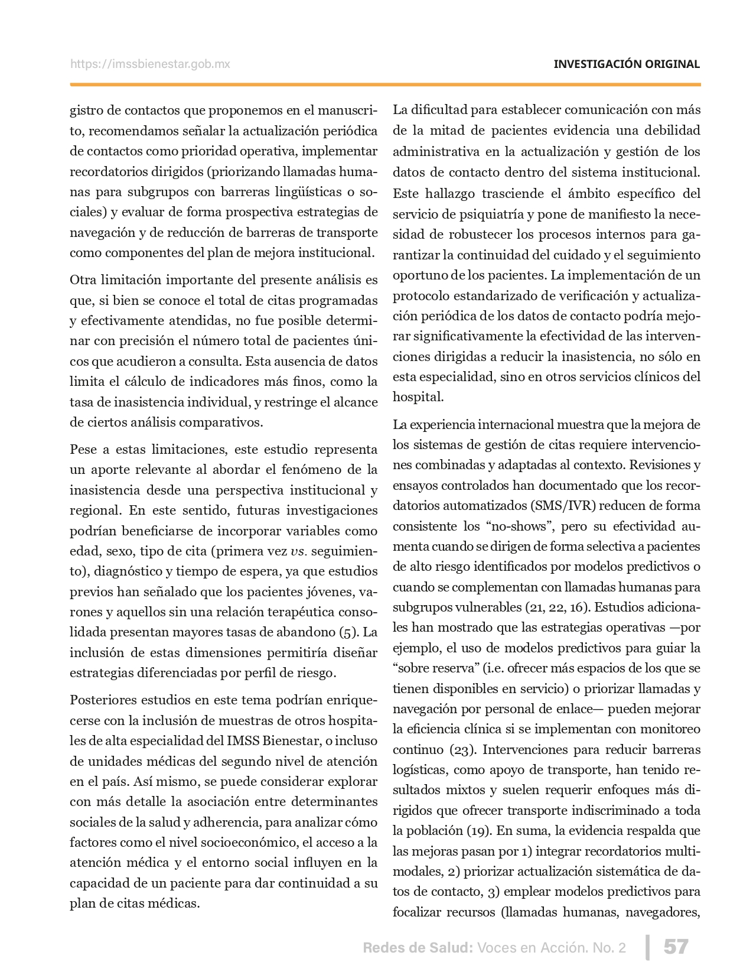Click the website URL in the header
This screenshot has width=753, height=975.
pyautogui.click(x=150, y=64)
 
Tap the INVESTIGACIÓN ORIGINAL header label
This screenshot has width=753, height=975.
pyautogui.click(x=627, y=64)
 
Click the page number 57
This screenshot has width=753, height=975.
pyautogui.click(x=676, y=947)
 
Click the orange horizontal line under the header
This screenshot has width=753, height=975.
pyautogui.click(x=385, y=85)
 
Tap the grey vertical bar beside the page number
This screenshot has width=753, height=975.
pyautogui.click(x=648, y=947)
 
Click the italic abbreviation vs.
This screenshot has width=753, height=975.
pyautogui.click(x=298, y=551)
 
